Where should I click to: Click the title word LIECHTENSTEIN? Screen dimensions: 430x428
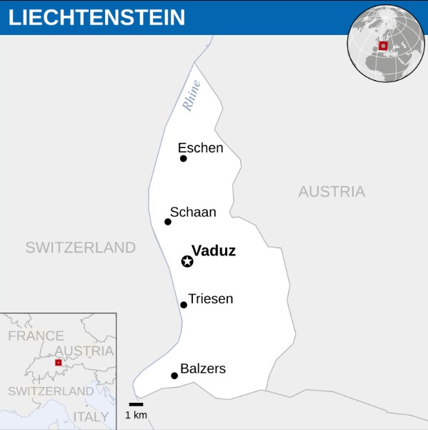click(96, 17)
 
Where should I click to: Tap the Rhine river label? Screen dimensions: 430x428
click(191, 95)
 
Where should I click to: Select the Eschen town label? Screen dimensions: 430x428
click(201, 148)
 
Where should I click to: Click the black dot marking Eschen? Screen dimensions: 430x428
click(184, 158)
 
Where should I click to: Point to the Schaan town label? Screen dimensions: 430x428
click(193, 212)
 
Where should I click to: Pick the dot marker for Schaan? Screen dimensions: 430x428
click(168, 222)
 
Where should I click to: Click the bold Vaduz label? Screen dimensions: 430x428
click(214, 251)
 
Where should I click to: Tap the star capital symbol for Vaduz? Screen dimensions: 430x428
click(187, 261)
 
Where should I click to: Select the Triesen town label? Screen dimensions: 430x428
click(211, 298)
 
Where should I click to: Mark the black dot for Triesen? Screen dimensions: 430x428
click(184, 305)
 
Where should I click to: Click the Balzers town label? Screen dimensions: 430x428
click(203, 368)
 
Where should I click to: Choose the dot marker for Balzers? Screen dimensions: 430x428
click(174, 376)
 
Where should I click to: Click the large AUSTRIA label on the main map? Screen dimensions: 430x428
click(332, 192)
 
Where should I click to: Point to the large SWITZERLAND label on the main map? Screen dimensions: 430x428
click(80, 248)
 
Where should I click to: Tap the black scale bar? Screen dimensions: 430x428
click(136, 404)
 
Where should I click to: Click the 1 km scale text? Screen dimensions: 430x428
click(136, 415)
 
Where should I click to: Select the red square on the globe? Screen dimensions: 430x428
click(383, 46)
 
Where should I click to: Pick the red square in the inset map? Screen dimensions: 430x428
click(58, 363)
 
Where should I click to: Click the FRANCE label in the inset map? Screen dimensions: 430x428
click(36, 336)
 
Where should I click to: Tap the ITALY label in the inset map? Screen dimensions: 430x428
click(91, 416)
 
